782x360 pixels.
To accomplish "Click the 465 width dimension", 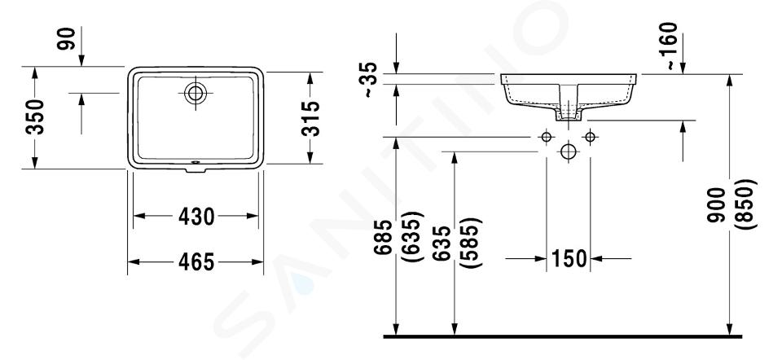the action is point(196,261).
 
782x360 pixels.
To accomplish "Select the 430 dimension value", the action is point(196,216).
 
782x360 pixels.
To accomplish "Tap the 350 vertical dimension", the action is point(35,117).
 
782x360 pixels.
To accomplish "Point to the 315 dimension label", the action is point(310,118).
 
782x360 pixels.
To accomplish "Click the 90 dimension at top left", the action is point(66,38).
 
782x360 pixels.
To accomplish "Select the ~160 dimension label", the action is point(670,46).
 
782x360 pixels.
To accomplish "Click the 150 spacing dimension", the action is point(569,259).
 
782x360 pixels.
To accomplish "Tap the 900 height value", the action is point(717,204).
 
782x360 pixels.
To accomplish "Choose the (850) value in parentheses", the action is point(749,204).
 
